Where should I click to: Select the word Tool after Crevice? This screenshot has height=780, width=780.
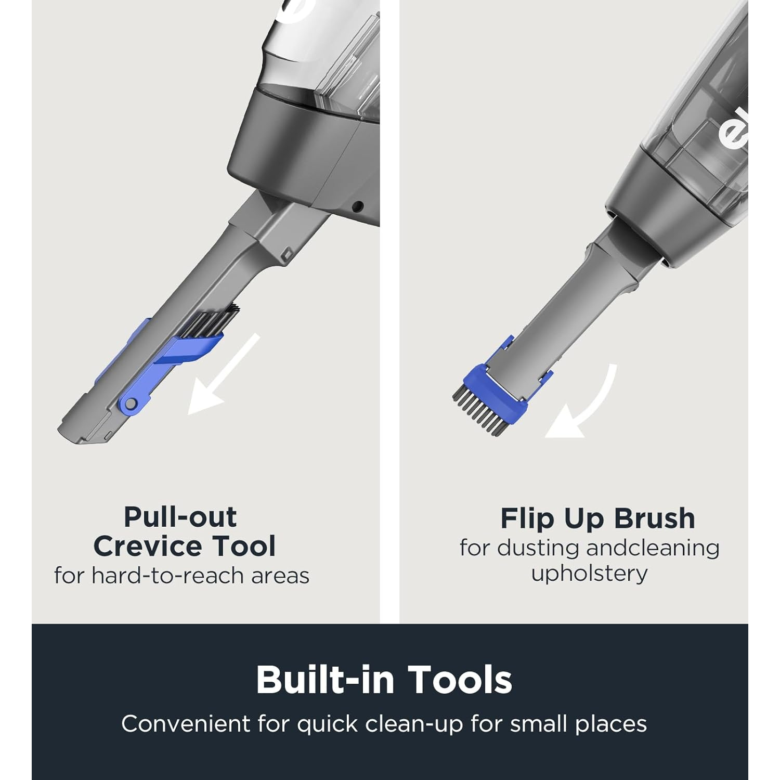click(240, 546)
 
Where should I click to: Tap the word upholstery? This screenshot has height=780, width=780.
click(589, 574)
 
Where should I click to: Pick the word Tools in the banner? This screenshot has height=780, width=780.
click(460, 680)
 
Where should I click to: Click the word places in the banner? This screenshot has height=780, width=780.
click(611, 724)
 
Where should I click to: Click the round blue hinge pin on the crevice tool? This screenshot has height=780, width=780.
click(131, 404)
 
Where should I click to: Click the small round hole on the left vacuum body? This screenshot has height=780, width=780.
click(357, 206)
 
